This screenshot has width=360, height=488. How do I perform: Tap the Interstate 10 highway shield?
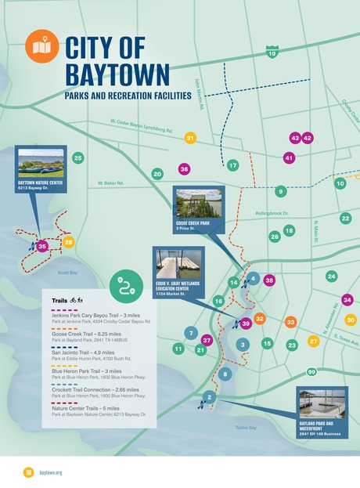point(272,52)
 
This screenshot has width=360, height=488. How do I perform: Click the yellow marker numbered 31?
point(190,138)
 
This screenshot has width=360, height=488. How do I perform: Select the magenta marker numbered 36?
point(184,168)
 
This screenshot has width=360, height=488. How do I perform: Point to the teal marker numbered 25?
point(77,158)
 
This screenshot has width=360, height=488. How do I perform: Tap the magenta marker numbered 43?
point(295,138)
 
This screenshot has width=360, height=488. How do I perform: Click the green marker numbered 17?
point(232,165)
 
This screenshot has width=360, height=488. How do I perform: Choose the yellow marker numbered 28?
point(69,243)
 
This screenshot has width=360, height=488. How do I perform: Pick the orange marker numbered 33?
point(290,322)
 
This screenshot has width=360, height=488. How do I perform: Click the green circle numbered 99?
point(311,372)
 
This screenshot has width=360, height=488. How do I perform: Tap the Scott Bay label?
point(67,273)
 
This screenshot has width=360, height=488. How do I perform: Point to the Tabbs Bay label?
point(246,428)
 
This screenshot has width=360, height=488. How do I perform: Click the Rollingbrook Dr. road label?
point(272,213)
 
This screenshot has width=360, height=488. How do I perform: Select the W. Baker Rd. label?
point(111,183)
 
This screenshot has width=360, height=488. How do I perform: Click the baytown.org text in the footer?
point(51,472)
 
